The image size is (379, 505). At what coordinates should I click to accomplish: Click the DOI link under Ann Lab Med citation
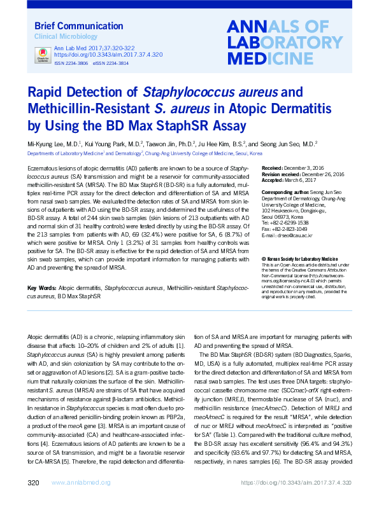click(x=108, y=55)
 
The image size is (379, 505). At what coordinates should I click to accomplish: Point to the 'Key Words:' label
click(x=42, y=289)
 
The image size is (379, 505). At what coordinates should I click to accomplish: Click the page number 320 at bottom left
click(x=34, y=483)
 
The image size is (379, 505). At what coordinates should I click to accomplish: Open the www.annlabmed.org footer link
click(x=80, y=484)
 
